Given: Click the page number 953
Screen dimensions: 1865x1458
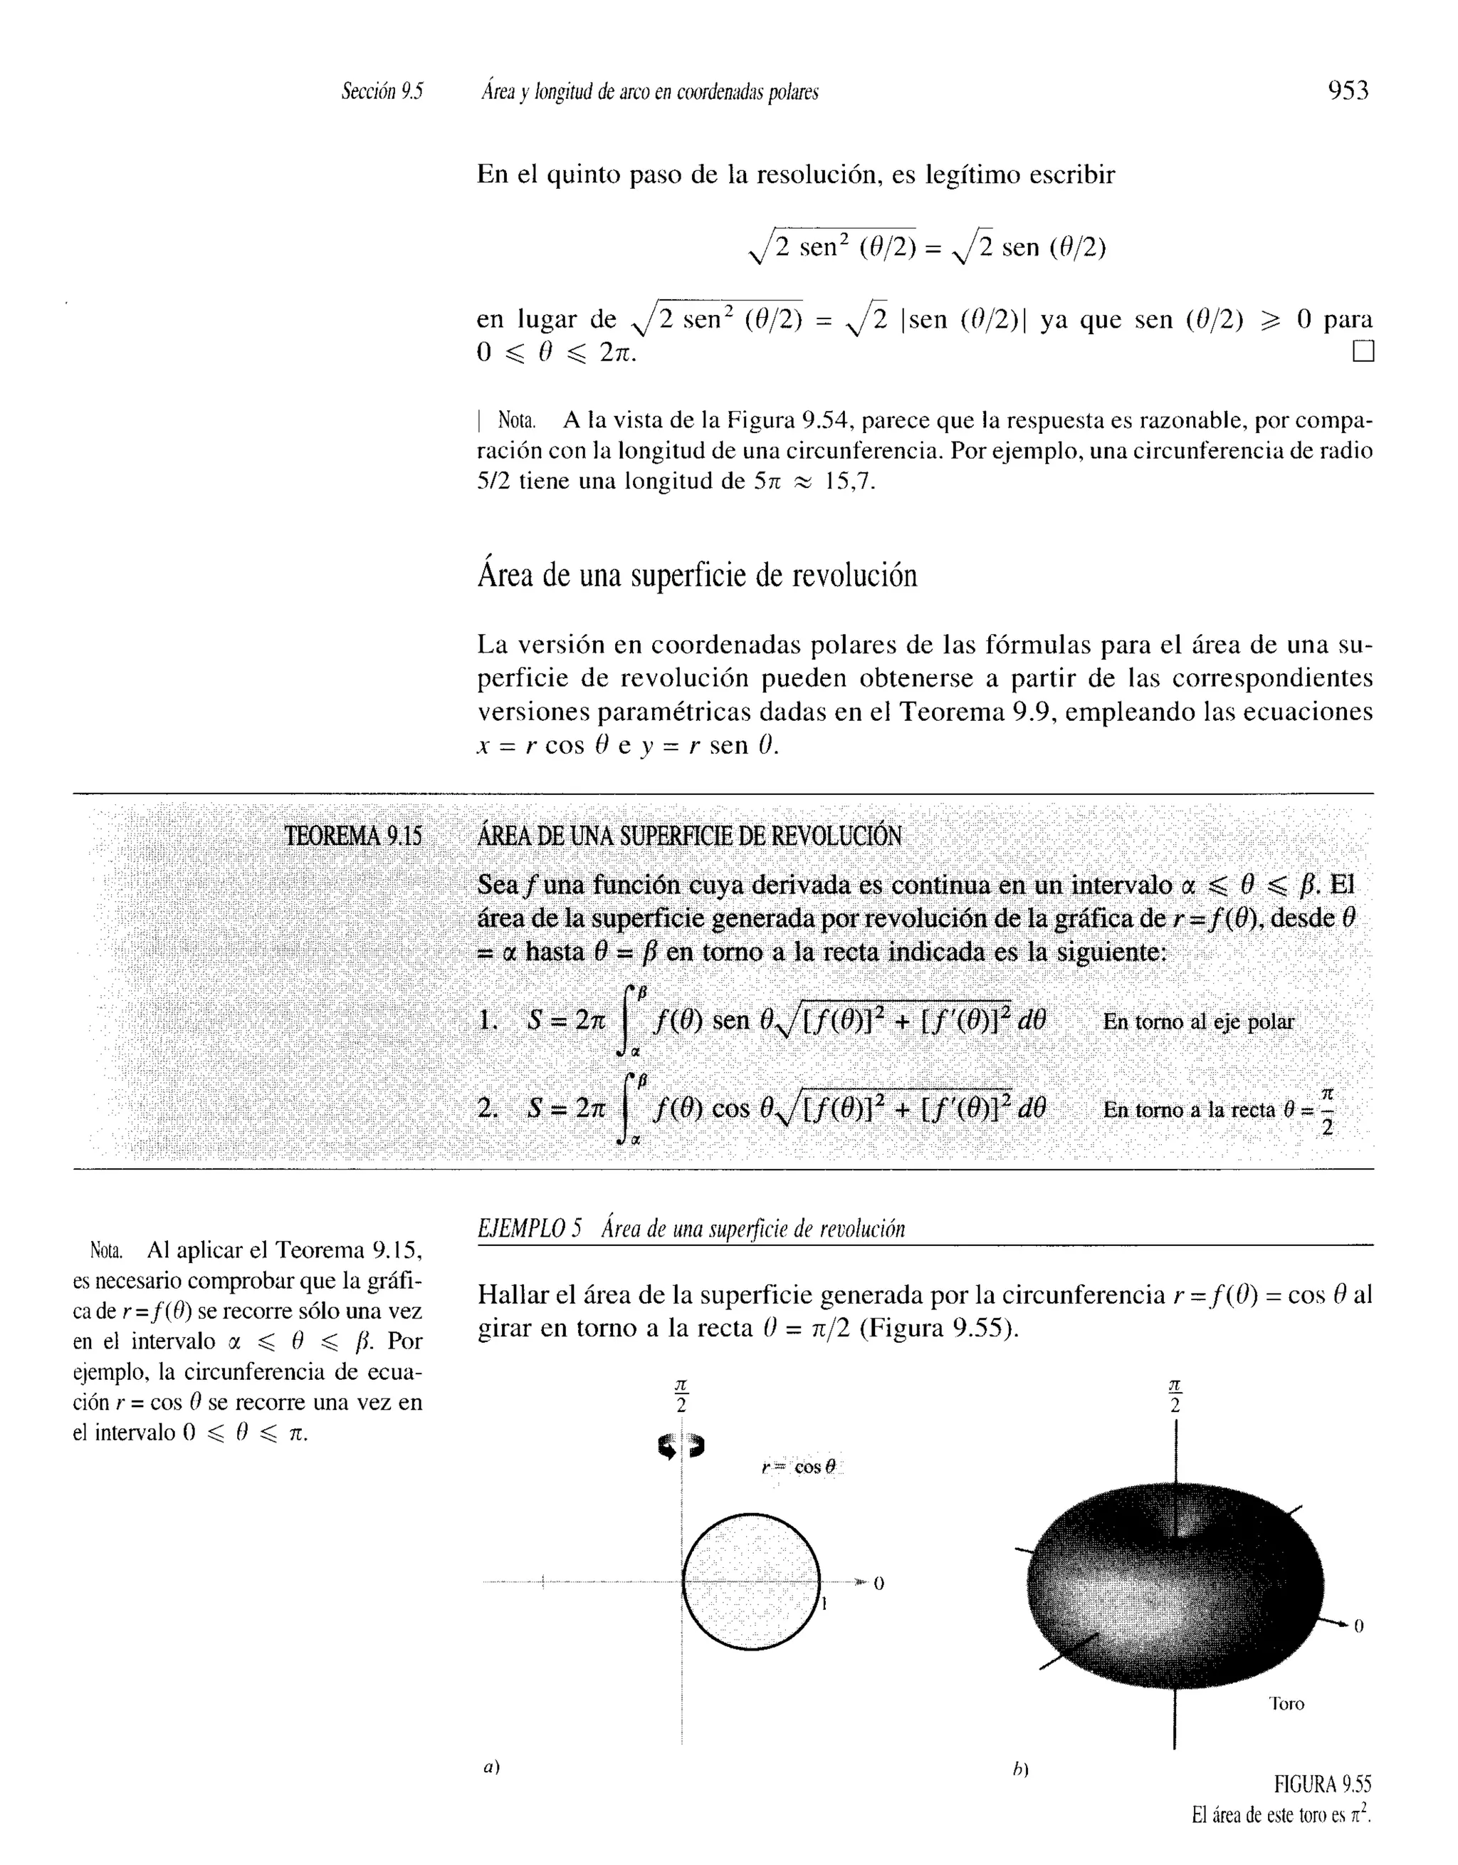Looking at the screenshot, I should click(x=1348, y=90).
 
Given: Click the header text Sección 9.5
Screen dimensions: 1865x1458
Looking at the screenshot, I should click(x=382, y=91).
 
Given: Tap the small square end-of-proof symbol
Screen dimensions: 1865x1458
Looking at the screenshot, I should click(x=1363, y=352).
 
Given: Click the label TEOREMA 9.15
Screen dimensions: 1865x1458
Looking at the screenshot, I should click(x=352, y=834).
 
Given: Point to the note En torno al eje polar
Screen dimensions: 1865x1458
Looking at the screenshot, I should click(x=1197, y=1022).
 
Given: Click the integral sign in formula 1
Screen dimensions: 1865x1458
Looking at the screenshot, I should click(x=630, y=1022).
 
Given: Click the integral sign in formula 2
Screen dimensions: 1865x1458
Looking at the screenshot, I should click(x=630, y=1108).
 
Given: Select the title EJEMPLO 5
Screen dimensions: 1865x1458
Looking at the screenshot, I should click(x=529, y=1228).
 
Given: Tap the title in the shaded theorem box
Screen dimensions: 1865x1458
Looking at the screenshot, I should click(x=689, y=834).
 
